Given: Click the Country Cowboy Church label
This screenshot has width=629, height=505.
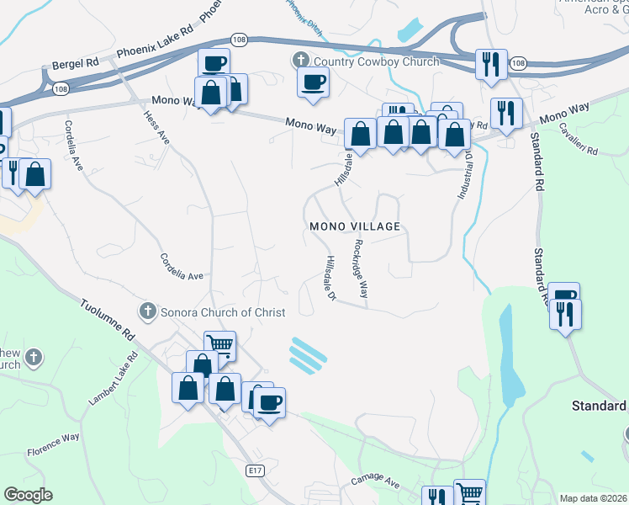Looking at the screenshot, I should (x=376, y=61).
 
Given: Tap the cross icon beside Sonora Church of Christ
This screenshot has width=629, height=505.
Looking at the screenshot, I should (x=147, y=312).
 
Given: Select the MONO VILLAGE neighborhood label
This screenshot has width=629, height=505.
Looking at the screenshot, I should (x=354, y=227).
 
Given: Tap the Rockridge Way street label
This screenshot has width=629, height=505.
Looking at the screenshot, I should (x=361, y=268).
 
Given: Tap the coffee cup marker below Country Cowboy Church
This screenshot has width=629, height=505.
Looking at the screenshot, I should (x=314, y=82).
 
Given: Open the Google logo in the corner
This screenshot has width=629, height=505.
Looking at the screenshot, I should (x=28, y=495).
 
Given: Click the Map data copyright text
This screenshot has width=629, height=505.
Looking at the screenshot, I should (x=594, y=498).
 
